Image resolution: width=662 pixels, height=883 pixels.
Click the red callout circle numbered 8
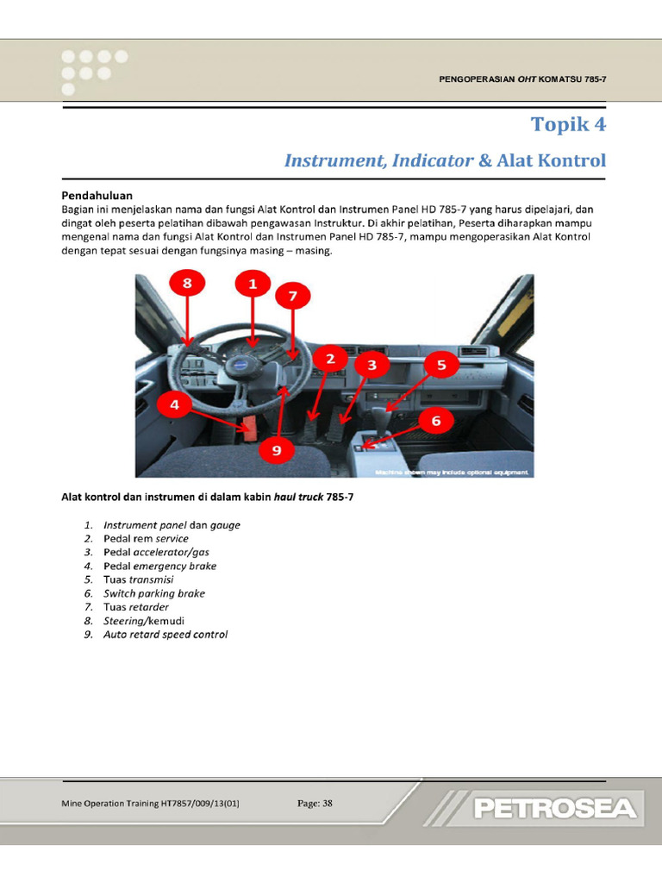coord(188,284)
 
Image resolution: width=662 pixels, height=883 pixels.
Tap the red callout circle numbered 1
coord(253,284)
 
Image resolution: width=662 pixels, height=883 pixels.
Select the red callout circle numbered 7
coord(292,296)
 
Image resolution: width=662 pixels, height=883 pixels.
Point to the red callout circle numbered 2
coord(329,357)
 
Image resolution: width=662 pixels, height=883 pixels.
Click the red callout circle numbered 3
coord(372,365)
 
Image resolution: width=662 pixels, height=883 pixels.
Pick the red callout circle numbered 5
coord(441,365)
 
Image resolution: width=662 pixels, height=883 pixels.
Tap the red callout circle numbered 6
coord(436,421)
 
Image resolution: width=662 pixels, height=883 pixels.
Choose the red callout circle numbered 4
coord(175,404)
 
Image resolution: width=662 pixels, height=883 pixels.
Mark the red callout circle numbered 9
coord(277,448)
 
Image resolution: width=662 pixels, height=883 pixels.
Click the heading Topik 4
coord(568,124)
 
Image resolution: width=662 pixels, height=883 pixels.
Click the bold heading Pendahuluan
coord(97,195)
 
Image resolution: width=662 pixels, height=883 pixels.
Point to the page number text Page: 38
coord(315,804)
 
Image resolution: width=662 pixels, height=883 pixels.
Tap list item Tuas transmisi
coord(138,579)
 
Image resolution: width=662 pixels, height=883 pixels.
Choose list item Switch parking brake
coord(153,593)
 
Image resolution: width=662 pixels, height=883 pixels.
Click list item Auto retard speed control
coord(165,635)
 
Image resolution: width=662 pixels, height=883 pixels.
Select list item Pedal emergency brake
coord(159,566)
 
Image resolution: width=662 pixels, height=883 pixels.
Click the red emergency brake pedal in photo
coord(250,425)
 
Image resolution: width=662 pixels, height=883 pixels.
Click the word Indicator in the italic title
coord(432,160)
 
